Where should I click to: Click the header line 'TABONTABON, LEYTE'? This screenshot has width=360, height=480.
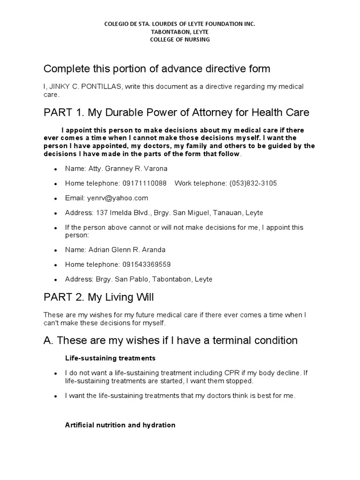click(180, 31)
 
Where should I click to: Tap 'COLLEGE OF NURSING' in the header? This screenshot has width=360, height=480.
click(180, 39)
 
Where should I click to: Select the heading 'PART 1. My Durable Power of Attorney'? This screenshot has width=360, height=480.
click(176, 112)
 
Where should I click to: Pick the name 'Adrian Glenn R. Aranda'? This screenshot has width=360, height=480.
click(127, 249)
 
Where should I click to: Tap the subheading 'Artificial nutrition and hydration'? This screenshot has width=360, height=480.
click(120, 425)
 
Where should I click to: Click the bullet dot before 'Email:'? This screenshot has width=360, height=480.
click(56, 198)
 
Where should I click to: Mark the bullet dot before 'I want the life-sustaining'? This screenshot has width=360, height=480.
click(56, 396)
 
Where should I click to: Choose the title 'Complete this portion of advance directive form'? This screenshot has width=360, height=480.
click(157, 69)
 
